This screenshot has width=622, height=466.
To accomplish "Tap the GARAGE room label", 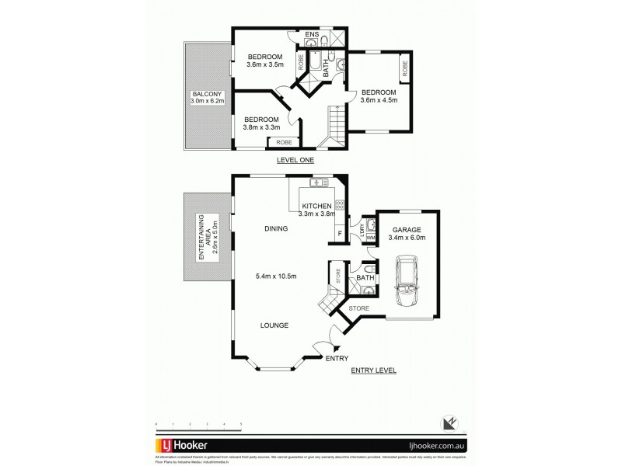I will coord(407,230).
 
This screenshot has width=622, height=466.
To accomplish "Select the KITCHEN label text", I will coord(317,206).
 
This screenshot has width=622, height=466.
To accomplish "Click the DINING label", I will coord(275,229).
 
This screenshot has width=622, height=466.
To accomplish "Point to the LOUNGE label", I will coord(275,325).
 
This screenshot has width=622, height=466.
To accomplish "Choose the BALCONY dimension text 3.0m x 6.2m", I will coord(208,101).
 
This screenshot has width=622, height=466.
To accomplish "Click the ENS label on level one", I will coord(312,35).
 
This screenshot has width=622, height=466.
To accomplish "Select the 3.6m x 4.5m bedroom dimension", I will coord(380,99).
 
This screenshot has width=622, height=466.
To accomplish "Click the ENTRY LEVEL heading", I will coord(373,370).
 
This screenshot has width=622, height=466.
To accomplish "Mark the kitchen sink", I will coord(317,184).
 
